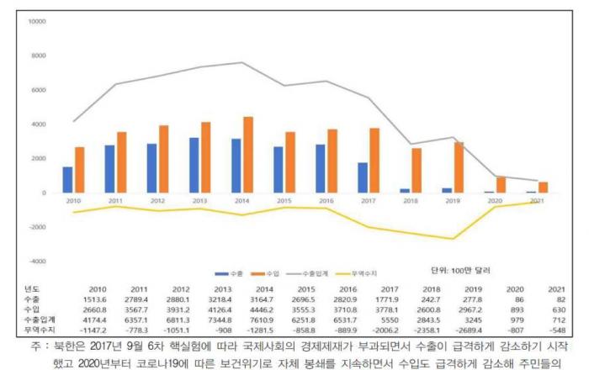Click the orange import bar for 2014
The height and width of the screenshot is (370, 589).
pos(247,155)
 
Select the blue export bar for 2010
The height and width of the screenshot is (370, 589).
pos(68,180)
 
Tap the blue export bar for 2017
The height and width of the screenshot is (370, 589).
pos(362,177)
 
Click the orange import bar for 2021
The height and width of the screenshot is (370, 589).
pos(542,188)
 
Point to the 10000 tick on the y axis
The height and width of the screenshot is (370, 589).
pos(36,21)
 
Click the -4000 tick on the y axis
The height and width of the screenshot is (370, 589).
pos(36,262)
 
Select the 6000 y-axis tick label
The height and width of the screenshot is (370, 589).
pos(38,90)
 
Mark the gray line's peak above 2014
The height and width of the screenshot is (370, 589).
pos(241,62)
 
